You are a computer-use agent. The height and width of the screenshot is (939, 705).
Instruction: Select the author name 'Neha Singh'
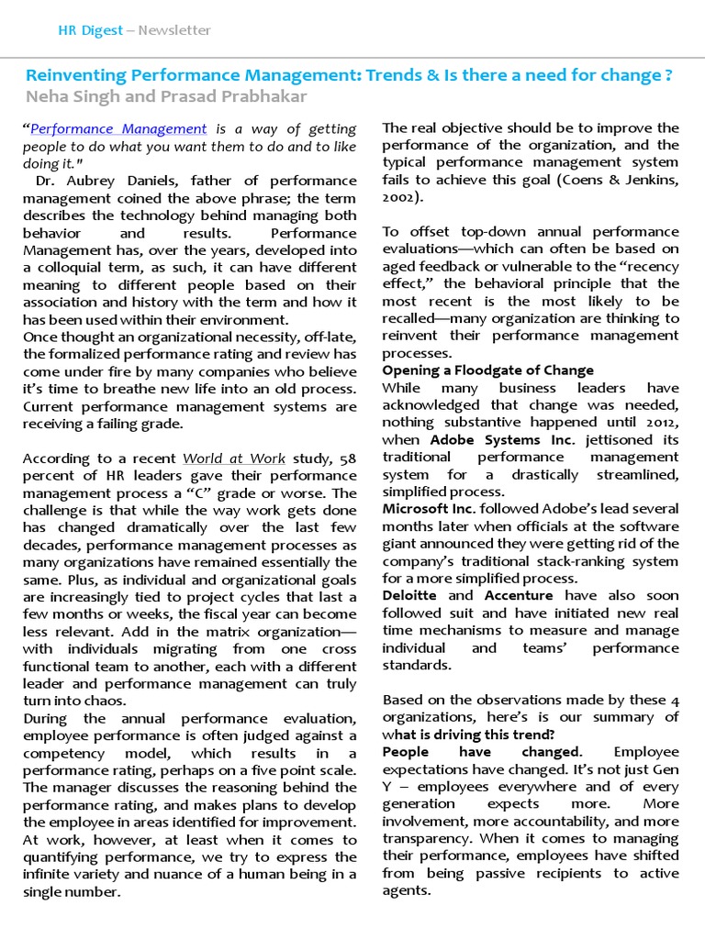[x=66, y=96]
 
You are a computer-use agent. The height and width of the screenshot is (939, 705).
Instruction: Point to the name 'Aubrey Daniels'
[x=104, y=181]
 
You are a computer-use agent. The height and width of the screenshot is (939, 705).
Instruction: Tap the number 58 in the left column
[x=347, y=458]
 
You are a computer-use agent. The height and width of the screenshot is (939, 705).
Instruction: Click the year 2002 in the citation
[x=399, y=197]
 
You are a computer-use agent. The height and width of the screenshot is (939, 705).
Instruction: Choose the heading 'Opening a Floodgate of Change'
[x=487, y=370]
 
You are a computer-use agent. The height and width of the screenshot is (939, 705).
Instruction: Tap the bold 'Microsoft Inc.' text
[x=427, y=509]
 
